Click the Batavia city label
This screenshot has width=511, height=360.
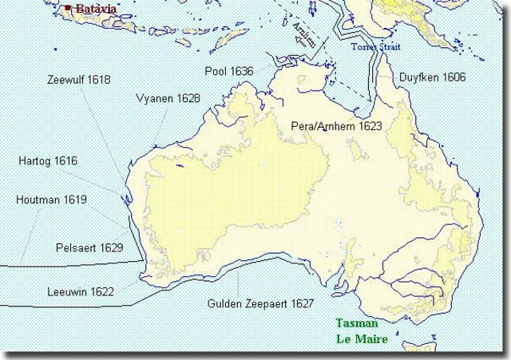tap(94, 9)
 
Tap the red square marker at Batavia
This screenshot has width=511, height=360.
tap(69, 8)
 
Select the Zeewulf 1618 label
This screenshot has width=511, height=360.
tap(79, 80)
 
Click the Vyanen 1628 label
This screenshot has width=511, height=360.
tap(168, 98)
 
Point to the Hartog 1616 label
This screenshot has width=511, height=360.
tap(48, 161)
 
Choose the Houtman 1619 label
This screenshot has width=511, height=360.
tap(52, 200)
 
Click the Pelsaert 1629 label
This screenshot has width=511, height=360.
tap(89, 248)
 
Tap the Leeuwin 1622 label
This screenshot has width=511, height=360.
tap(80, 291)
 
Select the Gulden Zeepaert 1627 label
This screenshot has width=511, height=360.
tap(260, 304)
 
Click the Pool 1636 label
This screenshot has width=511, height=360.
tap(229, 71)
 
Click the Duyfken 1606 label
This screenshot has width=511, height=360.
tap(432, 77)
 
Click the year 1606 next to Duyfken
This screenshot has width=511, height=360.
tap(452, 77)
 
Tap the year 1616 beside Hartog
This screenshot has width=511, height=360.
tap(66, 161)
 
